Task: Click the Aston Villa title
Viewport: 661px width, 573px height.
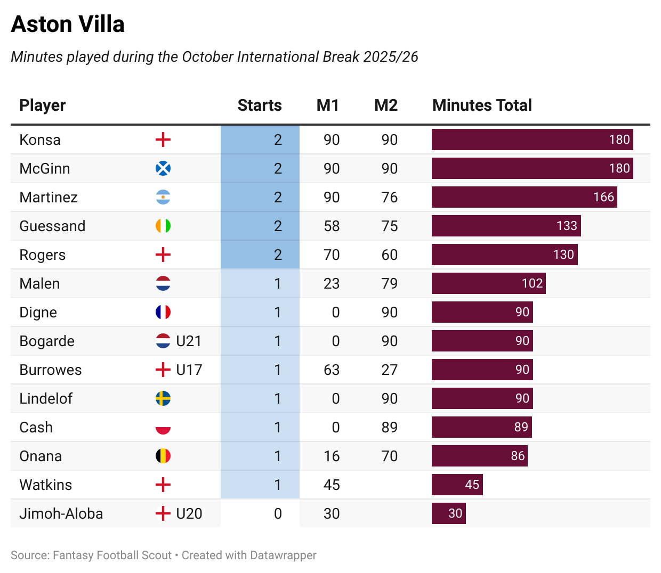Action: [68, 24]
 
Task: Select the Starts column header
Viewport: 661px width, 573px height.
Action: [260, 105]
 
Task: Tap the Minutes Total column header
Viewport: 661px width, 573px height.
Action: [482, 105]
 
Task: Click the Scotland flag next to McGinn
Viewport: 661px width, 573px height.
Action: [163, 169]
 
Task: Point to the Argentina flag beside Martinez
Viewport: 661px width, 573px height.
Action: [163, 198]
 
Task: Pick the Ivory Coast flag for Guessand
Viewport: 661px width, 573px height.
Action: [163, 226]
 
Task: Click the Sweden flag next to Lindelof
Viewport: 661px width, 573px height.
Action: [163, 399]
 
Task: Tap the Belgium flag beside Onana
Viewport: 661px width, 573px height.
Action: [163, 456]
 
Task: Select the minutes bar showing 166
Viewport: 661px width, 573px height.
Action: [524, 198]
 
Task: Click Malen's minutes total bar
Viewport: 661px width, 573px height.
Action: [488, 284]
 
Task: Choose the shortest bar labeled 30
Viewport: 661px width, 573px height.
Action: [448, 514]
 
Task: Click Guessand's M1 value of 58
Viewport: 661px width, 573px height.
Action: [332, 226]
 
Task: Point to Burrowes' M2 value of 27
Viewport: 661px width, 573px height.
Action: [389, 370]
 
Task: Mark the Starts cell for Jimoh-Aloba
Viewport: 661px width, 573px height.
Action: [278, 514]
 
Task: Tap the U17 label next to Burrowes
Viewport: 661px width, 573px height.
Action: [189, 370]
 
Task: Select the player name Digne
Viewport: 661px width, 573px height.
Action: [38, 313]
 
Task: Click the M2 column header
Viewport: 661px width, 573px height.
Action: [386, 105]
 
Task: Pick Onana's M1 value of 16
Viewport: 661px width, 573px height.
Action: [332, 456]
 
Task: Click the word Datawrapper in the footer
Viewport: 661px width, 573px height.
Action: [283, 555]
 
